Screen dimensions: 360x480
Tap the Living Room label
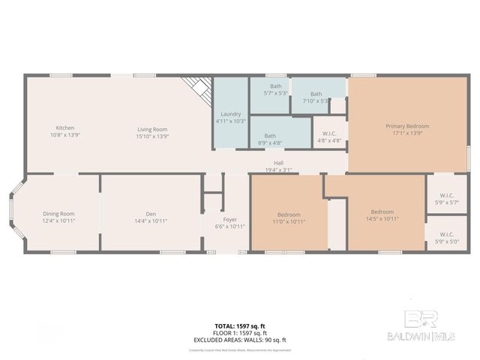[x=152, y=131]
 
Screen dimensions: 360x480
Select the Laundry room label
[x=231, y=117]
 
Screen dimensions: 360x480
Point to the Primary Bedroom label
[x=407, y=130]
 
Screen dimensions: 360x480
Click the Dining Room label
[x=58, y=217]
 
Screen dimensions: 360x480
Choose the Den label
[x=150, y=217]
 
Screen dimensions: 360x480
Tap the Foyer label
[x=230, y=223]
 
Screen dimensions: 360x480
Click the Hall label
[x=278, y=166]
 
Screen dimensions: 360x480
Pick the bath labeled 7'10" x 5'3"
[x=316, y=97]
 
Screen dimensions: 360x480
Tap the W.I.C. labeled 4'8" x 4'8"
[x=329, y=136]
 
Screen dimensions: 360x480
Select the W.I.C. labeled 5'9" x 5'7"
[x=447, y=199]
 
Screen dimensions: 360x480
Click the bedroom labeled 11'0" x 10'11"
[x=289, y=217]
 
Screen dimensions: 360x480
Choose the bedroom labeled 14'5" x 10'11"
[x=382, y=215]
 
